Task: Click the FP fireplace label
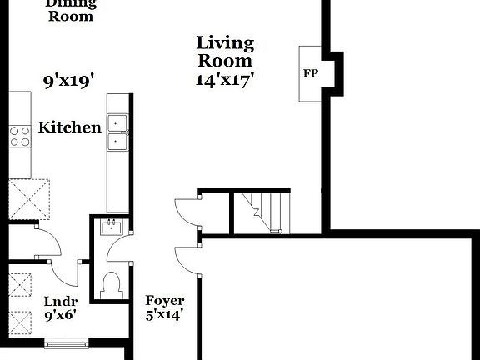pos(309,72)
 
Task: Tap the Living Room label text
pos(225,52)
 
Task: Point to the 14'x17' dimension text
pos(225,80)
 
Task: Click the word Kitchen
pos(70,127)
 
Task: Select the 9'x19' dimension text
pos(67,81)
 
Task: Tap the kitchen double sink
pos(117,132)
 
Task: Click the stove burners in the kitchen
pos(19,136)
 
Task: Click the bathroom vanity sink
pos(111,227)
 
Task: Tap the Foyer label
pos(164,301)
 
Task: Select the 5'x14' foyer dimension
pos(164,315)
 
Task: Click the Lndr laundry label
pos(61,301)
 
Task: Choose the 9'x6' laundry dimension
pos(61,316)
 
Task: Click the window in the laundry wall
pos(66,342)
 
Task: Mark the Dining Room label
pos(70,9)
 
